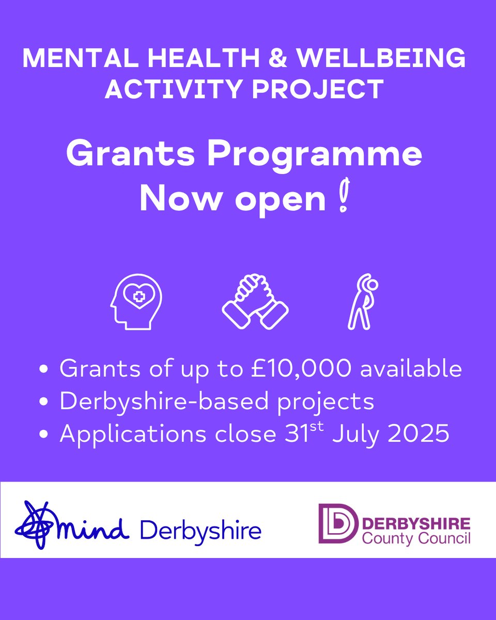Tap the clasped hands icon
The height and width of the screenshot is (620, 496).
click(255, 299)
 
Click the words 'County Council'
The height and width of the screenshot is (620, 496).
click(416, 538)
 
